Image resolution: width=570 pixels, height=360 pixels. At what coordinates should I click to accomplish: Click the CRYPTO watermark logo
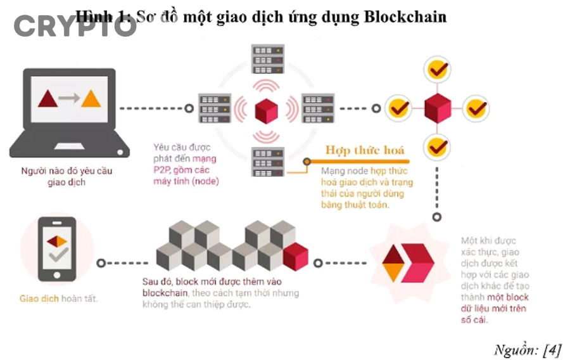tap(75, 26)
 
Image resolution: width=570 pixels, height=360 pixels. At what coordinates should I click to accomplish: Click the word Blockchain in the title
tap(405, 16)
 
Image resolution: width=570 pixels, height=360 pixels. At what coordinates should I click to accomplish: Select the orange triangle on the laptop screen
tap(91, 98)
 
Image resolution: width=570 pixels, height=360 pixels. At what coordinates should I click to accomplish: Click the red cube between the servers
tap(267, 110)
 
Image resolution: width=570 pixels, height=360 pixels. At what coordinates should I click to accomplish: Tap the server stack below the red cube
tap(267, 162)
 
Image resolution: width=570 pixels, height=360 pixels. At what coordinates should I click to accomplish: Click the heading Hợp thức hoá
tap(364, 150)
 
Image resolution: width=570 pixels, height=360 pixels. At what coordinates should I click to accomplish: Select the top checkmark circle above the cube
tap(437, 69)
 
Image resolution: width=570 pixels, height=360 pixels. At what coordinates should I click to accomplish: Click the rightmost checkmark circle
tap(476, 109)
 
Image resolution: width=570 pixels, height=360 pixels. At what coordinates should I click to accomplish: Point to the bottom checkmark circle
tap(437, 147)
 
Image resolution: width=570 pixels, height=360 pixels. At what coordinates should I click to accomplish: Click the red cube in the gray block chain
tap(295, 257)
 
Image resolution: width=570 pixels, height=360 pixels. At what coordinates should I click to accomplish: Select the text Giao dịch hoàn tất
tap(59, 298)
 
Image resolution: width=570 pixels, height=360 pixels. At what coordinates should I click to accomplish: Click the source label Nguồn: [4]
tap(527, 349)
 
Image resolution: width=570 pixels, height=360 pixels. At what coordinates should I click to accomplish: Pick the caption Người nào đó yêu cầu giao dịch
tap(66, 176)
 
